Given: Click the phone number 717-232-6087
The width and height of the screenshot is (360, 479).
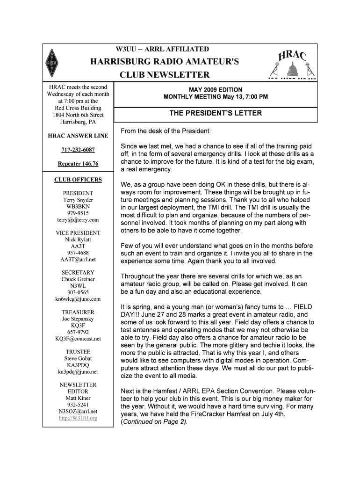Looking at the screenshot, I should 78,150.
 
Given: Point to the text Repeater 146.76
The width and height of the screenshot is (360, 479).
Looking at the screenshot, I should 78,164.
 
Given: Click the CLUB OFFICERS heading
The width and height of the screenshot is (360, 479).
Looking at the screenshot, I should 78,180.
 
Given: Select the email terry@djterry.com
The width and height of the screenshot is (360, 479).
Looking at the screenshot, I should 78,219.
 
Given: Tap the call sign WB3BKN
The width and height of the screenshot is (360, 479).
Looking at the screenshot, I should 78,206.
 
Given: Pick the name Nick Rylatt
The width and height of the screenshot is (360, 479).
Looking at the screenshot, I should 78,239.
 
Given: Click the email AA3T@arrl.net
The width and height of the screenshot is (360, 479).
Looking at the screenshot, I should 78,259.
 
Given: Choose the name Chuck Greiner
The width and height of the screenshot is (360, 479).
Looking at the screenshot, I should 78,279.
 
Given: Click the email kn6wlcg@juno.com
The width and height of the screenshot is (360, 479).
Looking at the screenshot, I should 78,299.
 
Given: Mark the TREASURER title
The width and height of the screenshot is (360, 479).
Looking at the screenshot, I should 78,312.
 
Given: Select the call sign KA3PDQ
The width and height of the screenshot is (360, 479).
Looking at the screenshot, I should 78,365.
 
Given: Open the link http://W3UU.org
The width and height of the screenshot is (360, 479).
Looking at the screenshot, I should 78,418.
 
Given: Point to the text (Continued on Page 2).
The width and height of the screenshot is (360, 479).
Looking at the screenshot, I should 154,422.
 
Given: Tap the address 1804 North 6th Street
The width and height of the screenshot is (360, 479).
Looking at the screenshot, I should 78,115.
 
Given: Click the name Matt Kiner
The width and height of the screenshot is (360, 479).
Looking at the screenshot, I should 78,398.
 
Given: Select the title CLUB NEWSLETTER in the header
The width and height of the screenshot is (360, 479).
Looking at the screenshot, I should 165,75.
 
